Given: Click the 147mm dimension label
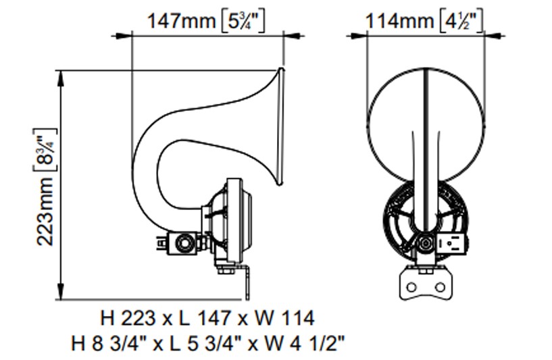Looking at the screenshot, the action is tap(181, 21).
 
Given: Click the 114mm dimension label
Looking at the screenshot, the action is tap(399, 21).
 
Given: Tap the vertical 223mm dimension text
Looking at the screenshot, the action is tap(45, 212).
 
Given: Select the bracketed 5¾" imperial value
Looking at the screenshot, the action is tap(243, 22).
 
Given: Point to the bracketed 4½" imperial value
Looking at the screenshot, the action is tap(461, 22).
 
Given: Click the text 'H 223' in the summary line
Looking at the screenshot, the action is tap(128, 319).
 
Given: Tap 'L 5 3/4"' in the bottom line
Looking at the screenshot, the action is tap(204, 343).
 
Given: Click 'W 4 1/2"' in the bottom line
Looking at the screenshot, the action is tap(305, 343).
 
